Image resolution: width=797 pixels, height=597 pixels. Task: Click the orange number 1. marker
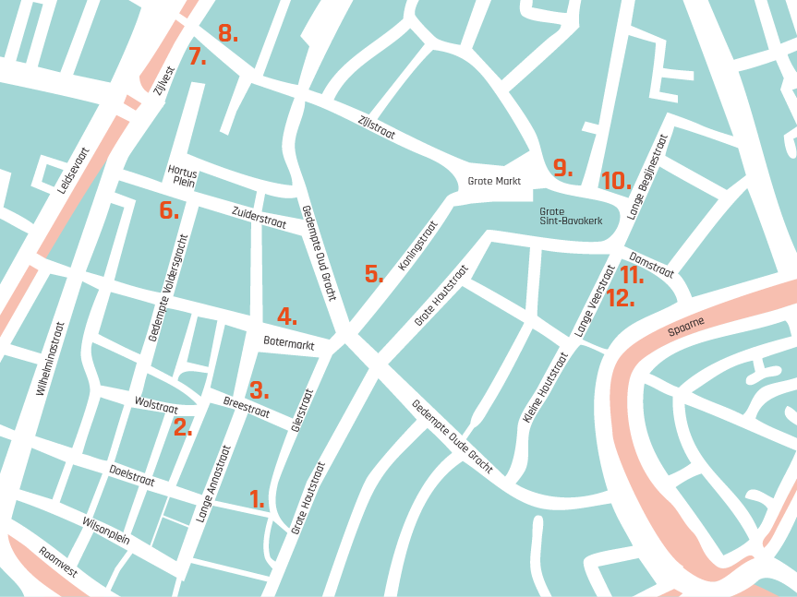pos(257,499)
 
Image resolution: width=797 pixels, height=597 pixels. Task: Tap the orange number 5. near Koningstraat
pos(373,274)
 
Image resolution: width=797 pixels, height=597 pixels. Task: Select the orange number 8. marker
pos(228,34)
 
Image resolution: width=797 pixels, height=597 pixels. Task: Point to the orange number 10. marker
pos(616,181)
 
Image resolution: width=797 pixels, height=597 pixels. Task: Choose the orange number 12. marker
pos(620,298)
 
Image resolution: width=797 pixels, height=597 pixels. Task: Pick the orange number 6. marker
pos(168,209)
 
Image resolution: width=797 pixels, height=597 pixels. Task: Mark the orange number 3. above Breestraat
pos(260,389)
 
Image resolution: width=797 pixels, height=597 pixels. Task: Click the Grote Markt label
pos(494,182)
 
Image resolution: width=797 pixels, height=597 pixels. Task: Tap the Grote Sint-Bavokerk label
pos(571,216)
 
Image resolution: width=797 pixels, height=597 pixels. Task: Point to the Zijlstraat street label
pos(376,122)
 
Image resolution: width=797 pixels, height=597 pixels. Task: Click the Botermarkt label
pos(289,344)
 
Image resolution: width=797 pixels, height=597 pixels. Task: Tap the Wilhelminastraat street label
pos(50,359)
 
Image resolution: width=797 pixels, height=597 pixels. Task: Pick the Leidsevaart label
pos(73,171)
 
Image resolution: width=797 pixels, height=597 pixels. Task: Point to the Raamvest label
pos(58,562)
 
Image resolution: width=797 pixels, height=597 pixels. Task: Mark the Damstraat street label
pos(651,264)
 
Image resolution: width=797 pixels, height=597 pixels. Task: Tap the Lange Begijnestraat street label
pos(646,177)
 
